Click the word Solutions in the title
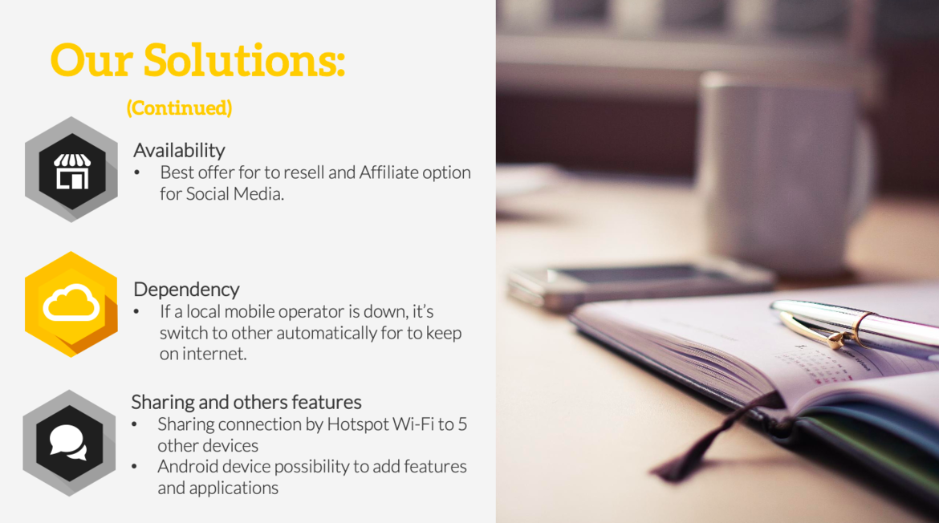point(244,60)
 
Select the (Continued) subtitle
point(179,107)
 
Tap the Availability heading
point(179,150)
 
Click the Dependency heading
point(186,289)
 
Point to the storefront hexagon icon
point(71,169)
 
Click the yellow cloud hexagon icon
point(71,305)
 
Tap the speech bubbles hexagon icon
point(70,443)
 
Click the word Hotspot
point(358,424)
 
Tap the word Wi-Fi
point(414,424)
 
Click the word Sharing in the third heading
point(157,402)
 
